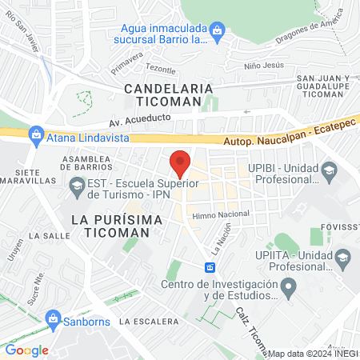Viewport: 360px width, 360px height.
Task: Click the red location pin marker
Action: pyautogui.click(x=180, y=162)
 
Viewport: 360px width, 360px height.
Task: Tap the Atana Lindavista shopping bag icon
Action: pyautogui.click(x=35, y=134)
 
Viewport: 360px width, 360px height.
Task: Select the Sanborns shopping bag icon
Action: pyautogui.click(x=54, y=318)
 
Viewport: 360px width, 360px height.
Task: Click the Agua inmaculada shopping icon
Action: pyautogui.click(x=218, y=31)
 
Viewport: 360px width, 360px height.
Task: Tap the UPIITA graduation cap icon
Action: pyautogui.click(x=342, y=256)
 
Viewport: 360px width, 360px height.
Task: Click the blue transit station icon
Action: pyautogui.click(x=210, y=266)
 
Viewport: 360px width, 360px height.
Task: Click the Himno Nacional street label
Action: pyautogui.click(x=220, y=214)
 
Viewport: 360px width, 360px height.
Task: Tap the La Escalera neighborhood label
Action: pyautogui.click(x=148, y=321)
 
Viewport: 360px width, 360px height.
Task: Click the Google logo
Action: pyautogui.click(x=27, y=350)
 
